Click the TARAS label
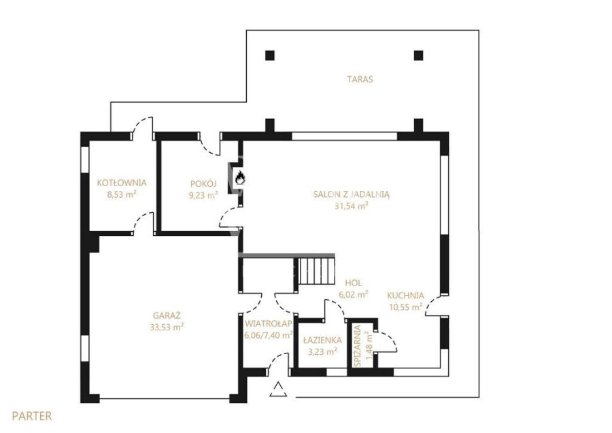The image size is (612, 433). (x=360, y=79)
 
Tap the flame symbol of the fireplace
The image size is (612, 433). (x=239, y=178)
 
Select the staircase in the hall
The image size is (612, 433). (x=317, y=271)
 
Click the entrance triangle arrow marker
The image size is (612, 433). (x=278, y=389)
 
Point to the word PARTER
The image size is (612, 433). (x=31, y=416)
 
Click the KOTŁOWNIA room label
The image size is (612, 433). (x=122, y=183)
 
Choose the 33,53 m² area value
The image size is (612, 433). (x=167, y=327)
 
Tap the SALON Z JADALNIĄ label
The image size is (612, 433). (x=352, y=194)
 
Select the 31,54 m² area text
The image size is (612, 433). (x=352, y=206)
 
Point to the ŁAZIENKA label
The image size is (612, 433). (x=322, y=340)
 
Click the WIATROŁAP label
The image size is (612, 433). (x=269, y=324)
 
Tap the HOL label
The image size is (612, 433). (x=353, y=283)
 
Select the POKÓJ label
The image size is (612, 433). (x=203, y=184)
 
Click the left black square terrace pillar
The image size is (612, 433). (x=270, y=55)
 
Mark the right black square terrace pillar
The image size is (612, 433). (x=418, y=55)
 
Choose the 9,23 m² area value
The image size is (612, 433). (x=203, y=195)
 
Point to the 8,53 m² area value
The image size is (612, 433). (x=122, y=194)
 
